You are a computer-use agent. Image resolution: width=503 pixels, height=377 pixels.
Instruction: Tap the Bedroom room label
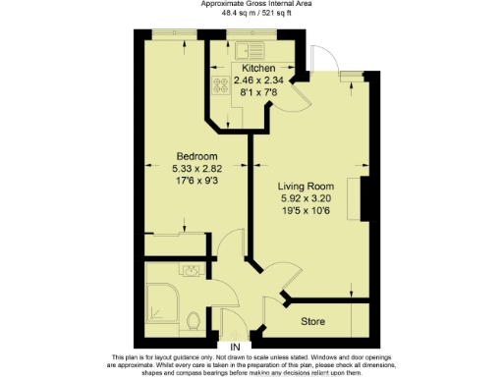pos(196,157)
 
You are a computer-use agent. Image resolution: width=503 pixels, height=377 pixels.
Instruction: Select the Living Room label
pos(306,186)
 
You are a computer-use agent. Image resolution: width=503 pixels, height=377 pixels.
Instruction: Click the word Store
pos(312,321)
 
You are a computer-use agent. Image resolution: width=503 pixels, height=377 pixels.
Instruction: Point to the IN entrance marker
pos(234,348)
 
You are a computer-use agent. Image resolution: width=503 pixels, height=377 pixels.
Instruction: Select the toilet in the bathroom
pos(194,320)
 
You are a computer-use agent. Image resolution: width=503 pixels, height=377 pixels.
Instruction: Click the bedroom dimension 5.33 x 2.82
pos(196,169)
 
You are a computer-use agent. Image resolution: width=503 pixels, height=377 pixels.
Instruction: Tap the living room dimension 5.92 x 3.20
pos(306,197)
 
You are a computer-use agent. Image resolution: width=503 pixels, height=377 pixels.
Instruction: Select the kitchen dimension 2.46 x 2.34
pos(251,80)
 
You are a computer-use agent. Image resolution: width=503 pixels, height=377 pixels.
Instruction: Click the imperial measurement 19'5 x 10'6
pos(306,209)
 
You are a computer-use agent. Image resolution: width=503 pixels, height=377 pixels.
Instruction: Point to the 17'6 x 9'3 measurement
pos(196,181)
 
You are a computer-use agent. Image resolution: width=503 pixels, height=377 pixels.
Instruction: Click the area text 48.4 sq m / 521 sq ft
pos(251,13)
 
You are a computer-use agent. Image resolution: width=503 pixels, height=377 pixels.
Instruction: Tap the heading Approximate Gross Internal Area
pos(251,4)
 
